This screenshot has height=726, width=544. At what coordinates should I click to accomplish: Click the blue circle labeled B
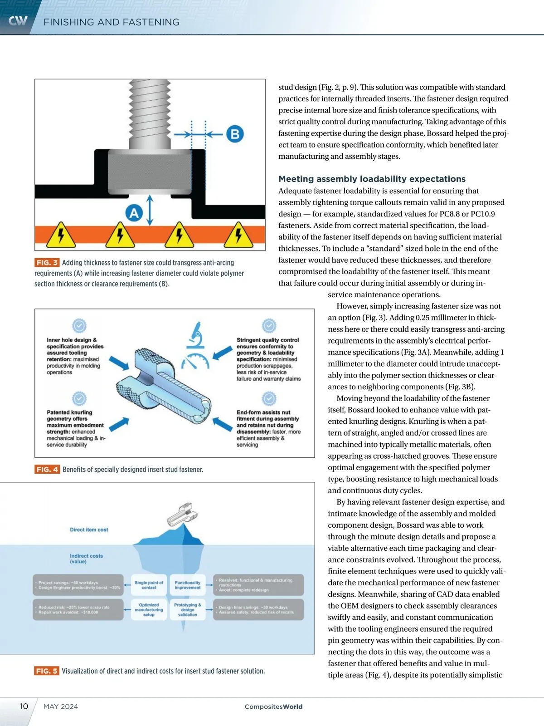click(x=235, y=134)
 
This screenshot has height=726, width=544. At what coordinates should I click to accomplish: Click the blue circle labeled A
click(x=134, y=213)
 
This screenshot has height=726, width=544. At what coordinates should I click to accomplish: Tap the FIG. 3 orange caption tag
click(x=47, y=263)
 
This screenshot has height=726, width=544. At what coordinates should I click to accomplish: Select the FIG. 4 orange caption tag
click(x=47, y=469)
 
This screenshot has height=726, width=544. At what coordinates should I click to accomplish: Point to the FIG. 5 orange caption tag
click(x=47, y=671)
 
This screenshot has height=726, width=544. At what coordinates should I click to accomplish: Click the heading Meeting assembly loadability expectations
click(x=372, y=179)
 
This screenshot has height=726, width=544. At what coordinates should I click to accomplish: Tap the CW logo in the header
click(x=18, y=21)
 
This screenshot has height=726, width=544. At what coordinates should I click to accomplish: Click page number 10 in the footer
click(x=24, y=706)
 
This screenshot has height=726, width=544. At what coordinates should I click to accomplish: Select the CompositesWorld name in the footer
click(x=273, y=706)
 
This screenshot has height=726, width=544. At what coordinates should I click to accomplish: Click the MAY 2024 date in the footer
click(x=61, y=706)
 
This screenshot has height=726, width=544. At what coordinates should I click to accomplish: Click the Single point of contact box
click(x=149, y=585)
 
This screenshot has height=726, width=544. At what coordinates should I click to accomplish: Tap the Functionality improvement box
click(x=188, y=585)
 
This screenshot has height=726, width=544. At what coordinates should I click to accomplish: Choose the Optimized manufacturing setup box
click(x=149, y=610)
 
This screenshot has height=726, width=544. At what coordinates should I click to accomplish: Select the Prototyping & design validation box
click(x=188, y=610)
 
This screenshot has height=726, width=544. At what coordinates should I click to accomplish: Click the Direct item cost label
click(x=89, y=530)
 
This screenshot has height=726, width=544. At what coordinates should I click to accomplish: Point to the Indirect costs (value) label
click(x=86, y=559)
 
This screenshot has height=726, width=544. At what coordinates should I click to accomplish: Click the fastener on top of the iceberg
click(x=182, y=515)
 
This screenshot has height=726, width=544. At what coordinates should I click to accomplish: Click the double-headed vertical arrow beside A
click(x=150, y=210)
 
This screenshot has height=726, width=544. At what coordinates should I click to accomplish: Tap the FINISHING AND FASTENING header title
click(x=112, y=22)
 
